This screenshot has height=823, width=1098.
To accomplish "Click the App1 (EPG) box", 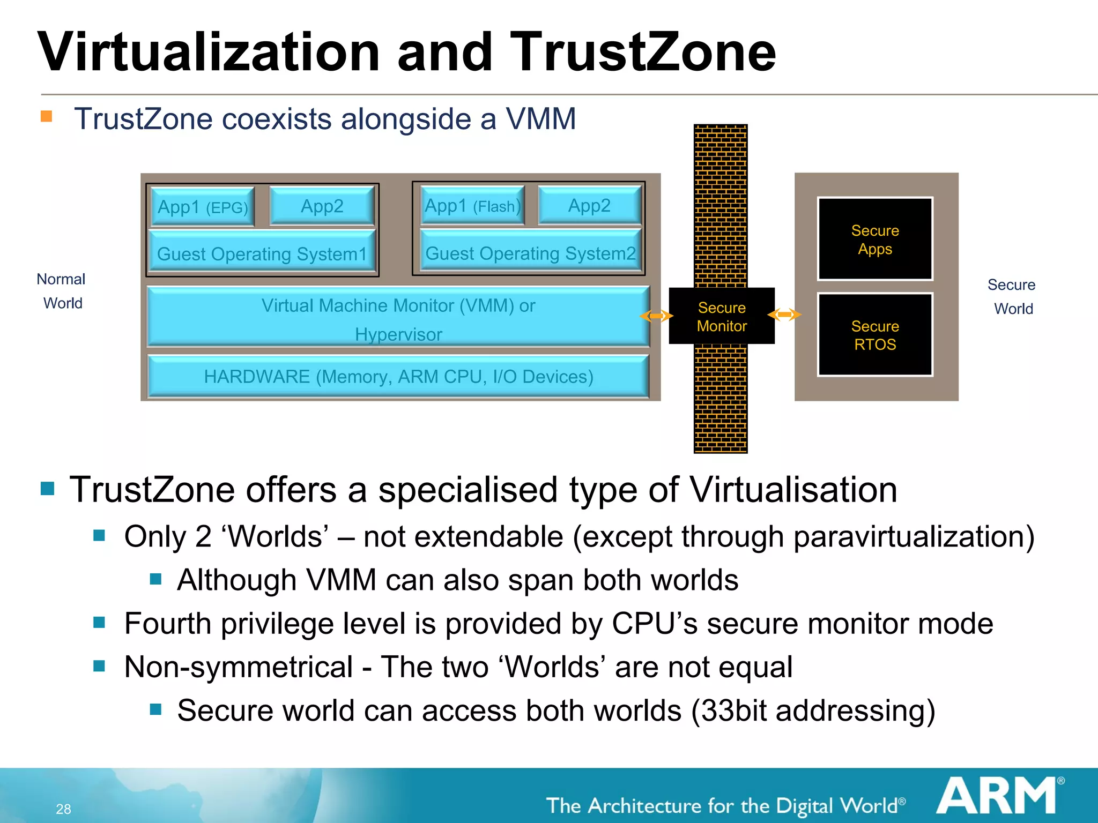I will [203, 207].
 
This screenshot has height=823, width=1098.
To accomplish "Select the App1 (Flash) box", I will [472, 206].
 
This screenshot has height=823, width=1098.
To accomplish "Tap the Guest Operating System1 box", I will [262, 253].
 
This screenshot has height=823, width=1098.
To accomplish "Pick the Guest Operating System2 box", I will [530, 252].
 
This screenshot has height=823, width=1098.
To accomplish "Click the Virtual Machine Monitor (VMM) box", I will [398, 317].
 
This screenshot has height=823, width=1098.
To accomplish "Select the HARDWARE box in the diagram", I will [398, 376].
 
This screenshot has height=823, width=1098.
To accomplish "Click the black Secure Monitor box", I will [722, 316].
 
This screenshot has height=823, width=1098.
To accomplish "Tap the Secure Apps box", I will [875, 239].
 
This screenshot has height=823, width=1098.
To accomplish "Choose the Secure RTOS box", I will [875, 335].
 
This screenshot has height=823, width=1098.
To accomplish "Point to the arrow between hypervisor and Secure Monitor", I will [656, 316].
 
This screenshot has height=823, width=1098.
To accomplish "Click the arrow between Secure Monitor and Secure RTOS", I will [784, 315].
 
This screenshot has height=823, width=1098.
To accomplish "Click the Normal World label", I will [62, 291].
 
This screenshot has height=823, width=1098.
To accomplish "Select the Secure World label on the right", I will [1012, 296].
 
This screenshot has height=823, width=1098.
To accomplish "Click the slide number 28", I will [63, 809].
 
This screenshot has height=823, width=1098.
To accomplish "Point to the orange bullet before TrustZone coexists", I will [47, 116].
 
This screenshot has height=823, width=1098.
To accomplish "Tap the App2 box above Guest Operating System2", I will [589, 205].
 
